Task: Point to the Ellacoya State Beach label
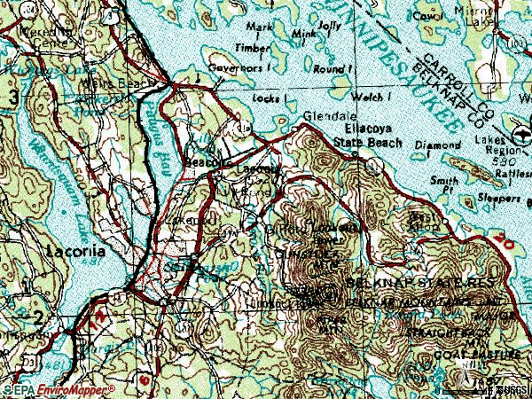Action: point(367,136)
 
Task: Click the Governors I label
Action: point(239,66)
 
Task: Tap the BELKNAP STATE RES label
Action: point(405,282)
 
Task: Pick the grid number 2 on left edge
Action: point(37,317)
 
